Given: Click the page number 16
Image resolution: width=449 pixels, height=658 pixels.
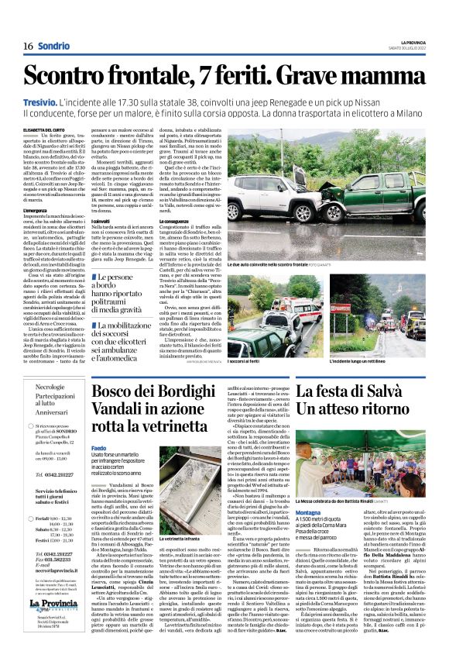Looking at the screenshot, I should (x=26, y=46).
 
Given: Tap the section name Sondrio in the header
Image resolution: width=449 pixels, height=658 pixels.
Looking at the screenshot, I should (x=53, y=46).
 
